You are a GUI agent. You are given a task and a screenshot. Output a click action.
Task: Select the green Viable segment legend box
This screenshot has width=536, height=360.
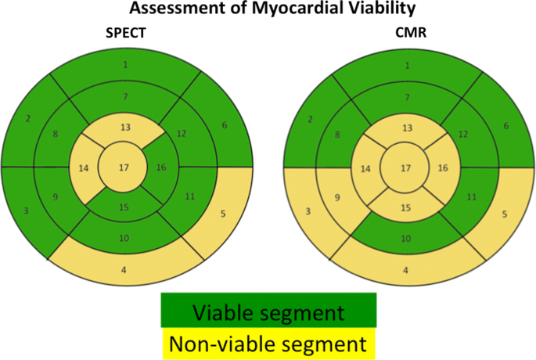click(268, 312)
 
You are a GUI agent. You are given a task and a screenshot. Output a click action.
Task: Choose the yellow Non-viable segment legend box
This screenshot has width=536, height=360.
click(268, 342)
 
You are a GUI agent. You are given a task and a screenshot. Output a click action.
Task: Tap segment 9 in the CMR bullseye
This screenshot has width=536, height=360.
click(337, 197)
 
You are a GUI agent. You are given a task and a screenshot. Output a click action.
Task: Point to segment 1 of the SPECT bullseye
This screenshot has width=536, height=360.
click(125, 64)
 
